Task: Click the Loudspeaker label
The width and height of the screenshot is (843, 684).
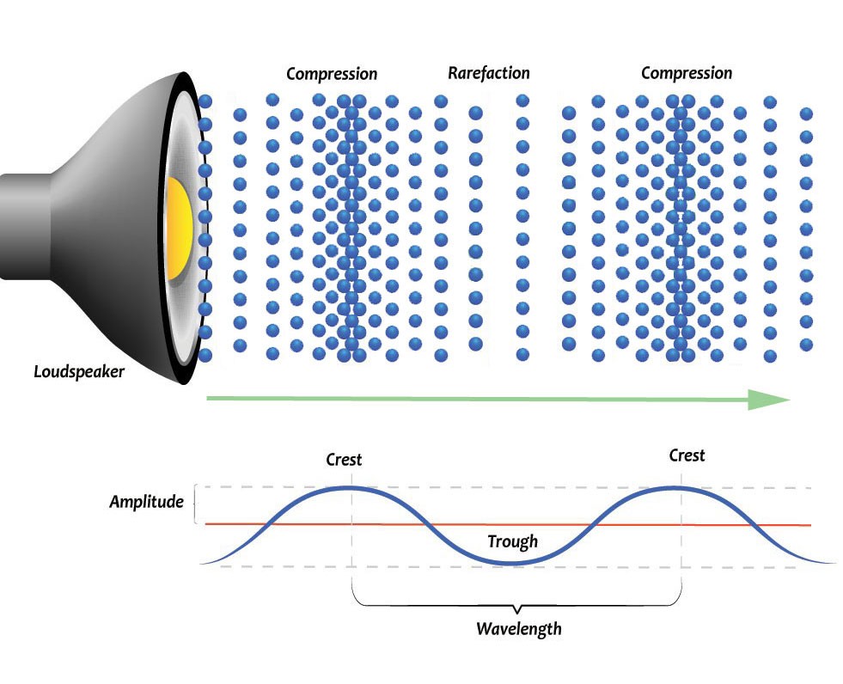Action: (x=79, y=371)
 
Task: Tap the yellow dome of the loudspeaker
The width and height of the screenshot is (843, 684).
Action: (x=179, y=229)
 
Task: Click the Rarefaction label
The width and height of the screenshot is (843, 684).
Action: (x=489, y=73)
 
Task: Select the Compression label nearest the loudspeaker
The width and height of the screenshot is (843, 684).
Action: (x=331, y=74)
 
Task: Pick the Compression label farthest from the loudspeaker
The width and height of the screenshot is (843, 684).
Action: (x=687, y=73)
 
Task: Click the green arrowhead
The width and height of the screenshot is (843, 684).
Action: (x=769, y=400)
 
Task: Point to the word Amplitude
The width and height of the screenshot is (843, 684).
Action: (x=146, y=502)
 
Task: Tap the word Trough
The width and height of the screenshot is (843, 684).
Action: (x=512, y=541)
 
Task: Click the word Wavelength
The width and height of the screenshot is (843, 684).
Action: (x=519, y=629)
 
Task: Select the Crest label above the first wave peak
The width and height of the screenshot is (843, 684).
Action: (x=344, y=460)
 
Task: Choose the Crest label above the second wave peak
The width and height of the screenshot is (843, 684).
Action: (x=687, y=455)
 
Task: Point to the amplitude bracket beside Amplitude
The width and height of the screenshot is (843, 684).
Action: (x=194, y=504)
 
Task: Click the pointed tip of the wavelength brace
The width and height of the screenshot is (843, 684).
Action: (x=517, y=613)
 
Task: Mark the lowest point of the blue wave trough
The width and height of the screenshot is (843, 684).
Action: (x=513, y=564)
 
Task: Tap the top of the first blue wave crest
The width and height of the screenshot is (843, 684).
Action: (x=350, y=488)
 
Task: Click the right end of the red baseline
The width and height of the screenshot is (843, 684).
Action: (x=810, y=525)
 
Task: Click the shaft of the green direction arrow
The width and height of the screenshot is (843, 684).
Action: (x=478, y=399)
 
